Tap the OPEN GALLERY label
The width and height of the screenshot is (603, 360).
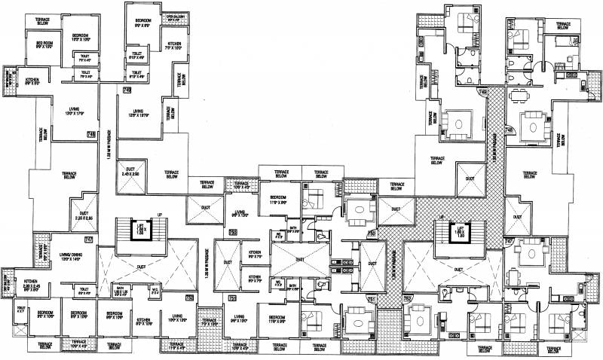(x=176, y=16)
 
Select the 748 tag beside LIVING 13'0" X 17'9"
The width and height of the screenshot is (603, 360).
(x=91, y=135)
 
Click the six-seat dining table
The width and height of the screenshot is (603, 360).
(x=516, y=96)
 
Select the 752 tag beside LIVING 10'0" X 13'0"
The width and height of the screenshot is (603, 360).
(x=189, y=298)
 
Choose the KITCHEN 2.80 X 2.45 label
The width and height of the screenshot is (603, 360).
(x=23, y=285)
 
